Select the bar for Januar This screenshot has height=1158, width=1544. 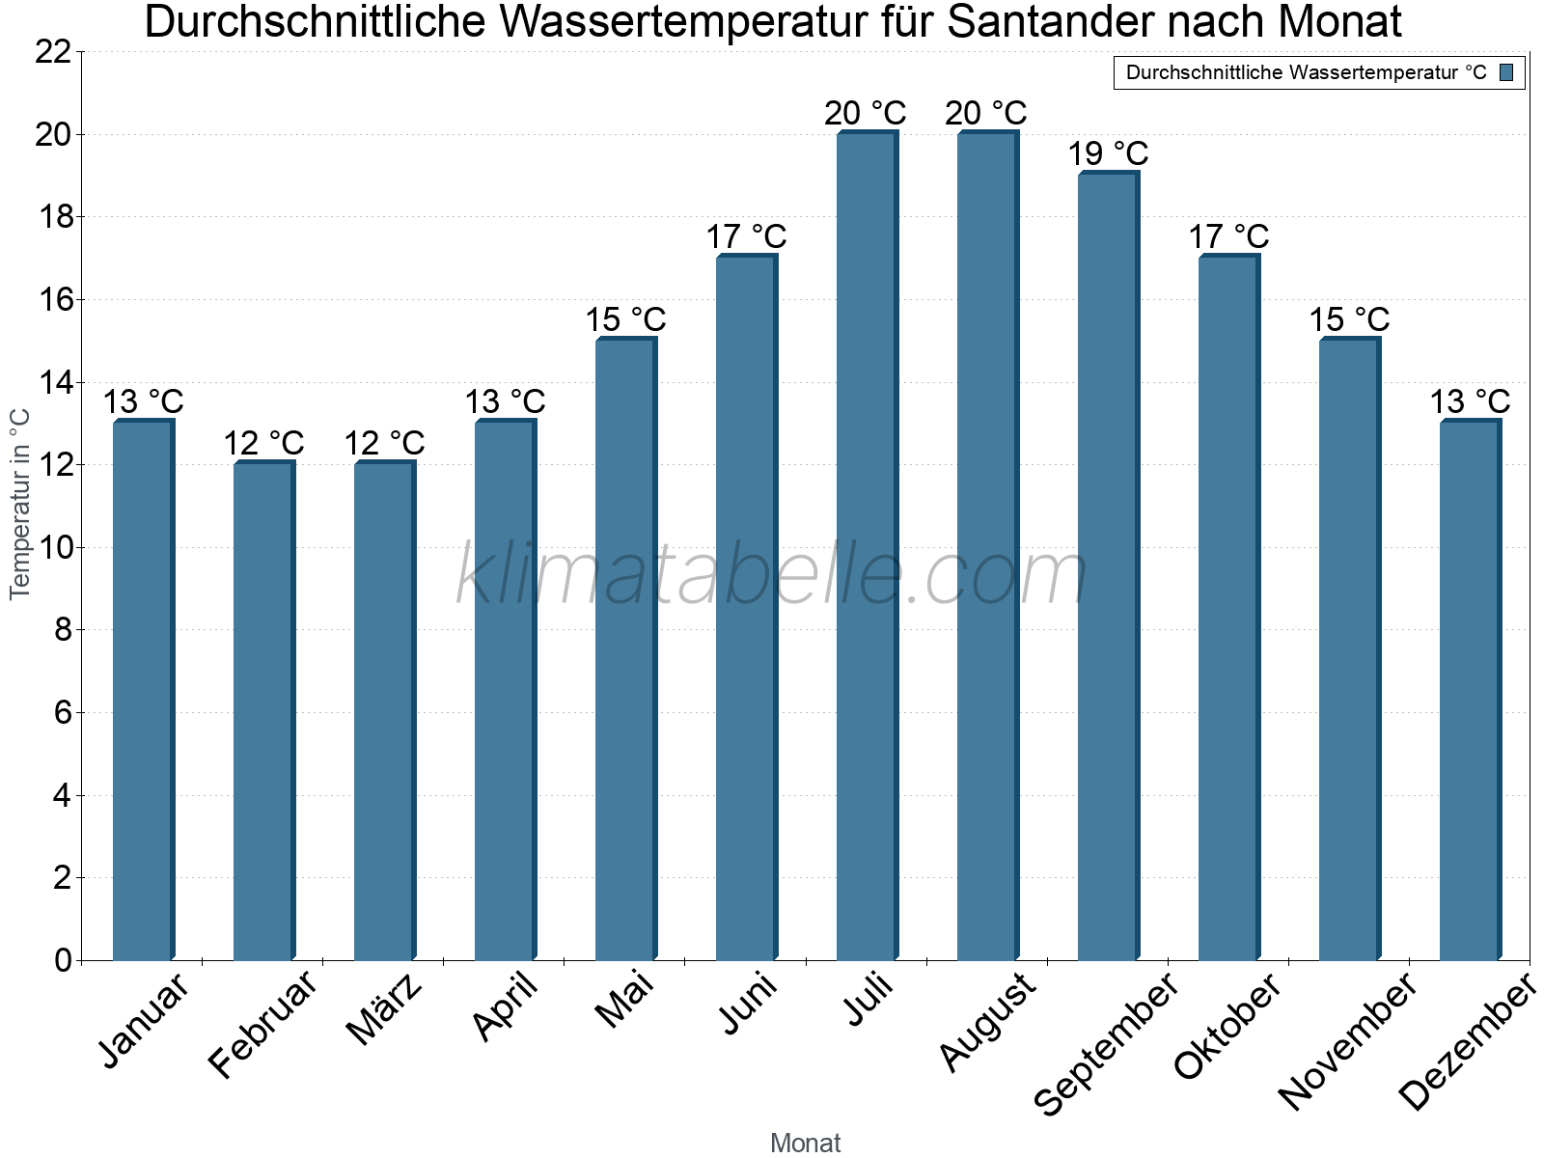143,690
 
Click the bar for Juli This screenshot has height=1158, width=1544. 867,546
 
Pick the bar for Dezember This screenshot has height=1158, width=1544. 1470,690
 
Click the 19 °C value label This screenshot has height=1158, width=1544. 1108,153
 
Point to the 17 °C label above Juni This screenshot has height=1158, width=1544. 746,236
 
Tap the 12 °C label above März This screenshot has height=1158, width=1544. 384,443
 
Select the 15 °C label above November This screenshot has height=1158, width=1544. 1349,319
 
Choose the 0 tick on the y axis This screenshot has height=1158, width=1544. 63,960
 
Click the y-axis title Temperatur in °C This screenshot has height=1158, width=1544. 20,504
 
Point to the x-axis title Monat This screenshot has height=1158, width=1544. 805,1143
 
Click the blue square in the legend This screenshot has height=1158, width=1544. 1506,72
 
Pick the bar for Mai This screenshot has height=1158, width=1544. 625,648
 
